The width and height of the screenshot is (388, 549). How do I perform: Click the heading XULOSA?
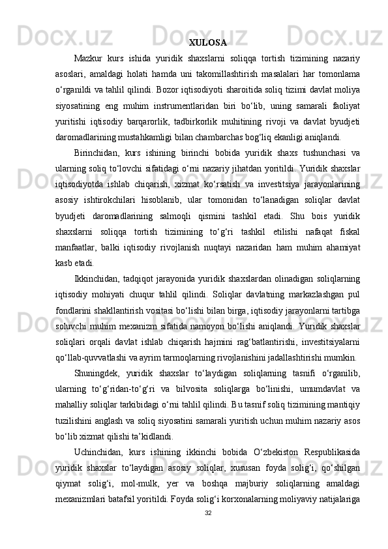click(x=207, y=44)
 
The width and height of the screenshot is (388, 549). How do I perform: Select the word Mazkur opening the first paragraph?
click(x=89, y=60)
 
